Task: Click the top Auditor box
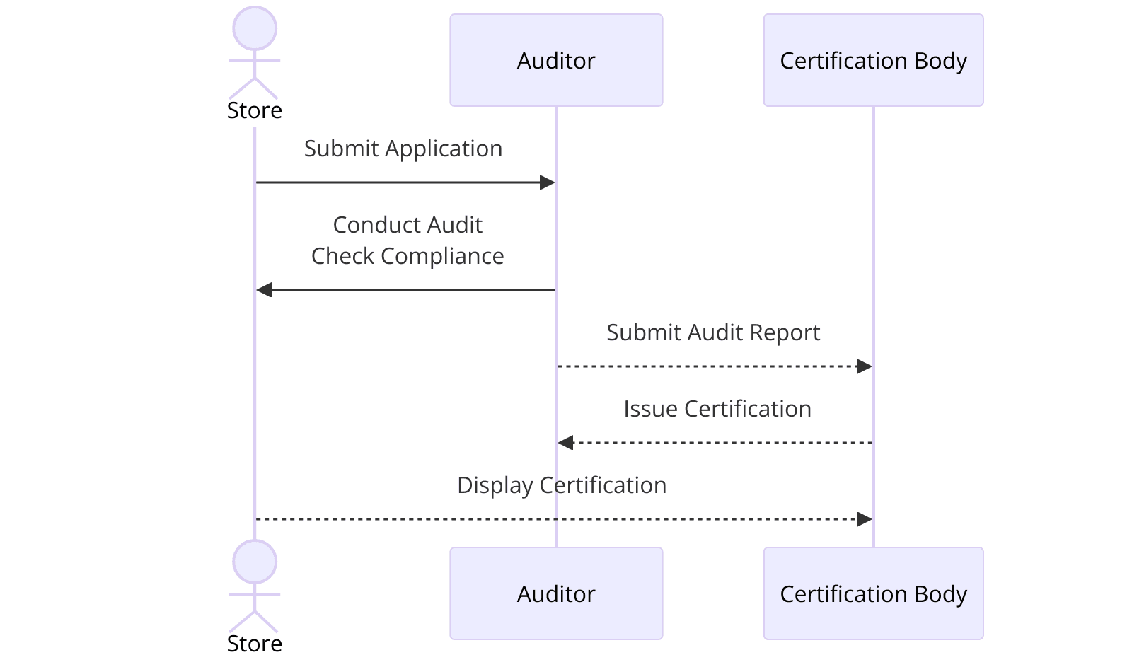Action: point(556,60)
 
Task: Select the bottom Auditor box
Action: point(556,593)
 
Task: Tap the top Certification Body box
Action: point(873,60)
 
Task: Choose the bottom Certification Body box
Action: point(873,593)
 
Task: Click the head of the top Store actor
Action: point(255,29)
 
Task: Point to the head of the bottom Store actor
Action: point(255,562)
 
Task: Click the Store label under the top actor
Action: point(255,111)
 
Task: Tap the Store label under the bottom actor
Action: point(255,644)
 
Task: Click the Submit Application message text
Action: point(403,149)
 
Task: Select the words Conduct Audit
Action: point(408,225)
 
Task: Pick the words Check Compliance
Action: point(408,256)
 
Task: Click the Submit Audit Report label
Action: point(713,332)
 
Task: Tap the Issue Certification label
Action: point(717,409)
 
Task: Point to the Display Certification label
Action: point(562,485)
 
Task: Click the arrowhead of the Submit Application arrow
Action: point(548,182)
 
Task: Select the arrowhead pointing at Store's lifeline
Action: point(264,290)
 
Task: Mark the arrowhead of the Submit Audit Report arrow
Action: point(864,366)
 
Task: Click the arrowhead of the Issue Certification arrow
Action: point(565,443)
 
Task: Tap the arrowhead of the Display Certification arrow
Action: point(864,519)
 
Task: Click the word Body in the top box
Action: point(940,61)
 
